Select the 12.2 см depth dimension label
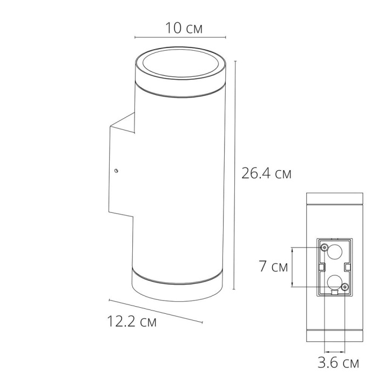(x=132, y=322)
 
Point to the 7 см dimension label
(x=273, y=267)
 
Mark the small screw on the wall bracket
(x=116, y=171)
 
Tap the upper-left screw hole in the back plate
(x=323, y=247)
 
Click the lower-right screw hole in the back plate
(x=346, y=286)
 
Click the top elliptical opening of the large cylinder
(x=180, y=64)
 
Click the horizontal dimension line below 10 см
(x=180, y=37)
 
